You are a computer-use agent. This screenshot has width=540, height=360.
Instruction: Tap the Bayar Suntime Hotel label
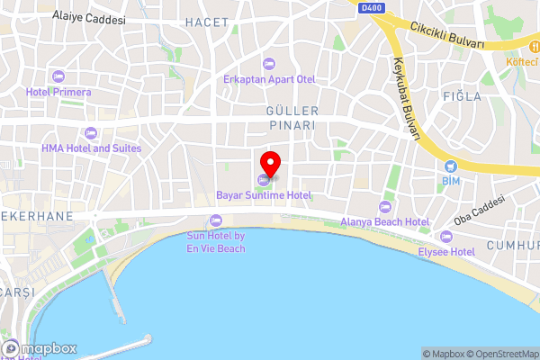(264, 195)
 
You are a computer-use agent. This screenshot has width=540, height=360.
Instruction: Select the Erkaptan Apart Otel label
(269, 79)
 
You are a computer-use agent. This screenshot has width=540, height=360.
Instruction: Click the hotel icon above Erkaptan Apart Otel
(269, 63)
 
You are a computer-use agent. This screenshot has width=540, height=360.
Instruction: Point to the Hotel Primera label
(58, 92)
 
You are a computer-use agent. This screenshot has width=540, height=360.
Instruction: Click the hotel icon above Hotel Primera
(58, 76)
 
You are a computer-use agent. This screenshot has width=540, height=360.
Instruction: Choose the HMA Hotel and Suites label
(91, 148)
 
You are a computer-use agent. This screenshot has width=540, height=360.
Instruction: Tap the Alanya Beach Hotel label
(384, 221)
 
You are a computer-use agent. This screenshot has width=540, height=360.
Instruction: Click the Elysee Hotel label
(446, 253)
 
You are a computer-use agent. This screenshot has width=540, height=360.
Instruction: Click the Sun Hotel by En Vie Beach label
(215, 242)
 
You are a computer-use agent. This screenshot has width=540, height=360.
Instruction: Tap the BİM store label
(451, 182)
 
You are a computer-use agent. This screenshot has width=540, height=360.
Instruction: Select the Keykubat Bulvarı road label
(406, 99)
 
